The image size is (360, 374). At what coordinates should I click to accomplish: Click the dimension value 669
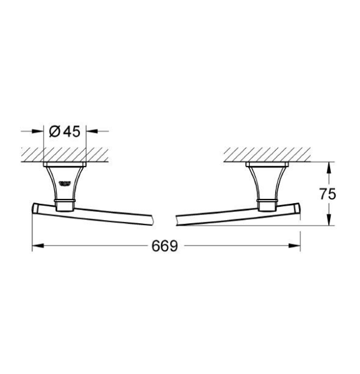[x=165, y=246]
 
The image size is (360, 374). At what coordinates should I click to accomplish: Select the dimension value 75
[x=328, y=194]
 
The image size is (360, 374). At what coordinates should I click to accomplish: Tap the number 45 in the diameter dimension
[x=71, y=132]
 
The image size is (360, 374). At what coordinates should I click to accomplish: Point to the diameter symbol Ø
[x=54, y=132]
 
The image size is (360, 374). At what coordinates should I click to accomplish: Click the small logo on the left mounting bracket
[x=64, y=182]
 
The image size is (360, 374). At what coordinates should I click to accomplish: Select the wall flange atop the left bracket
[x=66, y=166]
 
